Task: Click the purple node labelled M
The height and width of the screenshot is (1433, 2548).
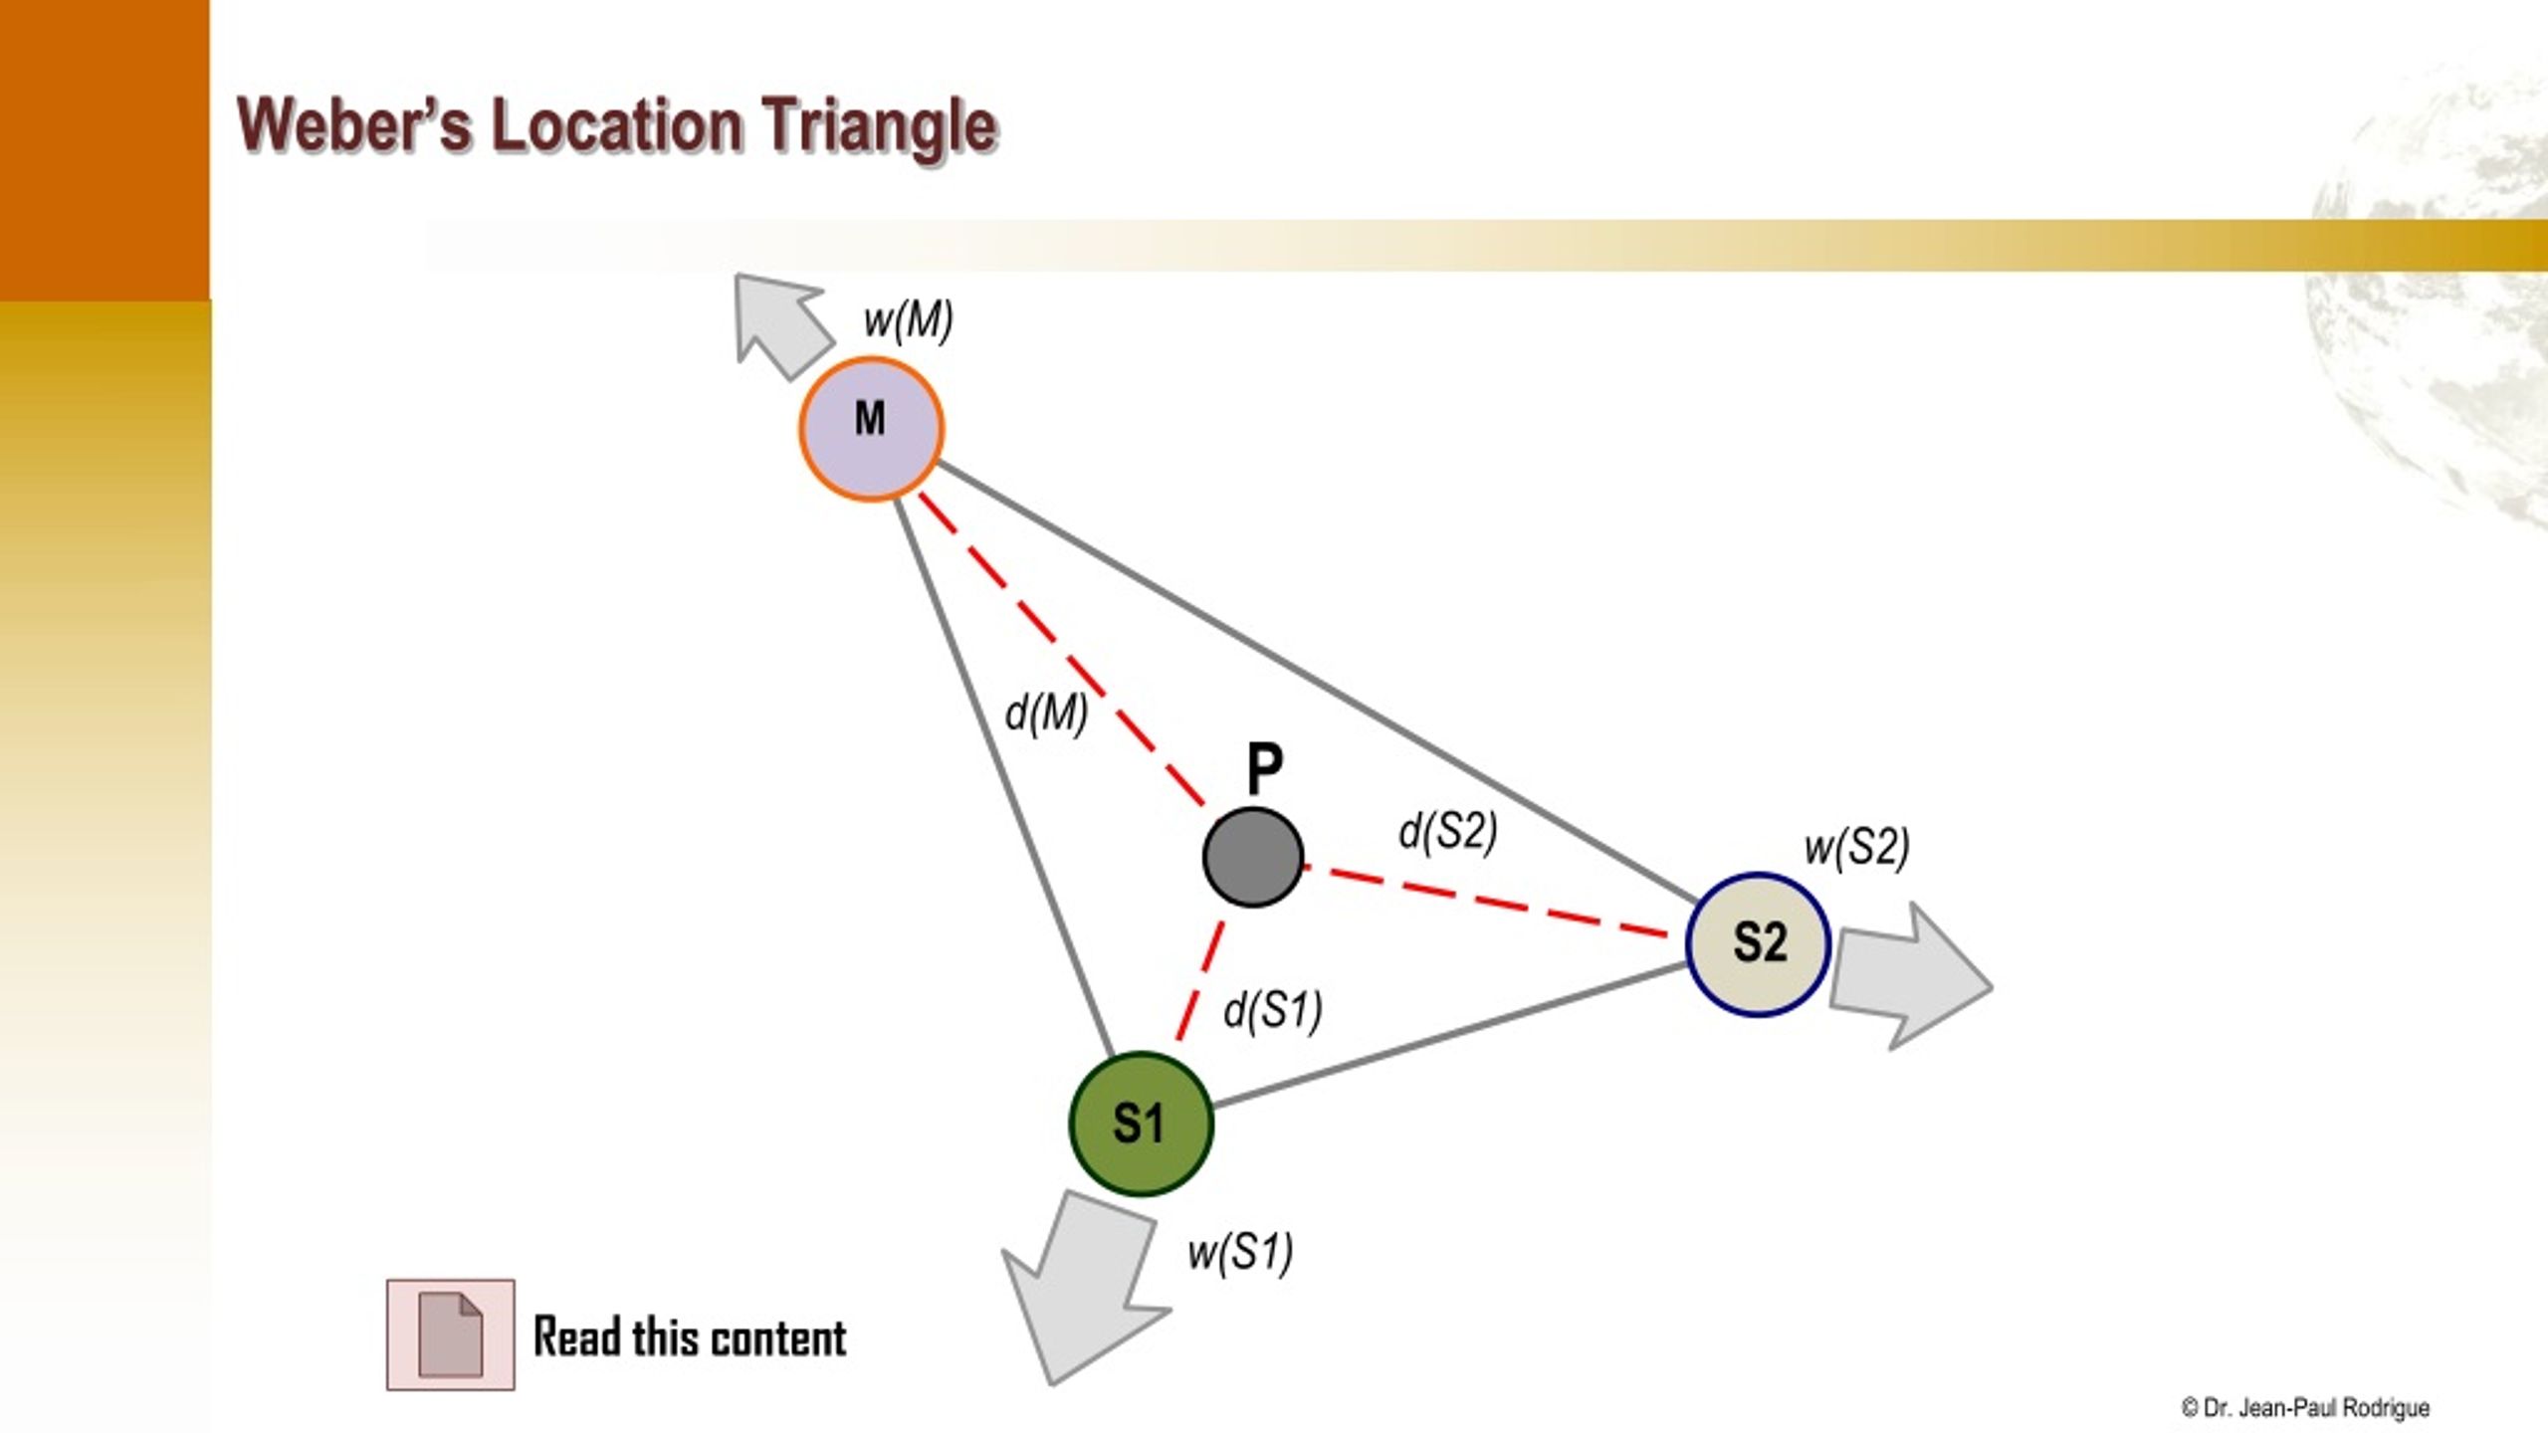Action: coord(871,429)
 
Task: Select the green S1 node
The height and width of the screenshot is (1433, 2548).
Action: coord(1141,1124)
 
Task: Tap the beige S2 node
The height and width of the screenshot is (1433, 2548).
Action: coord(1758,944)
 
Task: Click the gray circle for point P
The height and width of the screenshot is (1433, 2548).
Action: coord(1253,857)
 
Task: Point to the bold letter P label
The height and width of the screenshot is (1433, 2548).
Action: coord(1265,768)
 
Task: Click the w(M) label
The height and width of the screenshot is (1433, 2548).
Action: coord(909,321)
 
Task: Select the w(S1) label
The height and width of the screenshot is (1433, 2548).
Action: coord(1240,1252)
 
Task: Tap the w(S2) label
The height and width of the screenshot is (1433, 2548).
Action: coord(1857,848)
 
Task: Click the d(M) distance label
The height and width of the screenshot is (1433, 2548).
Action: coord(1046,714)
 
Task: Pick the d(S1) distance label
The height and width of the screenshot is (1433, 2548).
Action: coord(1273,1011)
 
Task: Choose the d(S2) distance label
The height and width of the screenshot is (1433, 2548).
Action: coord(1448,832)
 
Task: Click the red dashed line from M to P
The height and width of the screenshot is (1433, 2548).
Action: coord(1061,649)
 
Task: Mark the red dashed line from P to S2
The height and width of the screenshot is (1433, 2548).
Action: coord(1485,902)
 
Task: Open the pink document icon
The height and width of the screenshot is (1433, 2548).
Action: coord(451,1334)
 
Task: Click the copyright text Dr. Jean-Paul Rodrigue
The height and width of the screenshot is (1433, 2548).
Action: coord(2305,1408)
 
